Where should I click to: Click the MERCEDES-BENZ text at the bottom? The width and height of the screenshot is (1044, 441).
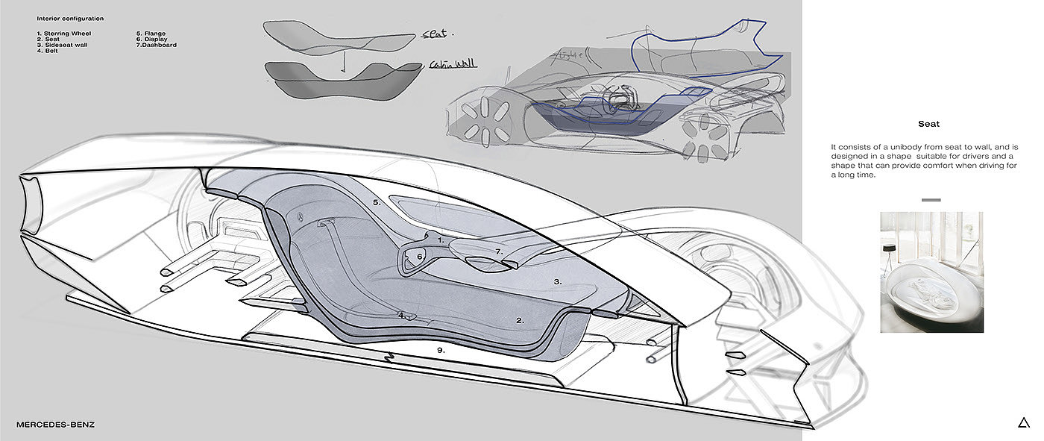click(56, 425)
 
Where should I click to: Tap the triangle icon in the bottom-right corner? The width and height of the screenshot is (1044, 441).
click(1023, 423)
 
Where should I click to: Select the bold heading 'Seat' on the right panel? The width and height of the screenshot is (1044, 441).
click(928, 125)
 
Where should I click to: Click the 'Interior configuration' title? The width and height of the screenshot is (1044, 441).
click(70, 18)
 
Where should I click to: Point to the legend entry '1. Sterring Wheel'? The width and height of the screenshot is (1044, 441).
click(65, 34)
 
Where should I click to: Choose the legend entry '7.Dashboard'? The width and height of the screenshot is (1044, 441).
click(156, 46)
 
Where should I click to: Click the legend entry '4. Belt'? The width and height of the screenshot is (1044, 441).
click(48, 51)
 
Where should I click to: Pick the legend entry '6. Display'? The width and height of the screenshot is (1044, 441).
click(152, 40)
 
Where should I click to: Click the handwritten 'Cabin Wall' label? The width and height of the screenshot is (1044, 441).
click(453, 65)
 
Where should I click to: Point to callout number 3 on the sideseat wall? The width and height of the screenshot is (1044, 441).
click(557, 281)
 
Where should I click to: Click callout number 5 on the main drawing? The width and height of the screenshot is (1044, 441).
click(377, 202)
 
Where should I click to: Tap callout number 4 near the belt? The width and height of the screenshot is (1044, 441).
click(401, 315)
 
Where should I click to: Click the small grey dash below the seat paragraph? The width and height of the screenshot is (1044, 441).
click(931, 200)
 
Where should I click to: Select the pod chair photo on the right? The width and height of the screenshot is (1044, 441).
click(931, 272)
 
